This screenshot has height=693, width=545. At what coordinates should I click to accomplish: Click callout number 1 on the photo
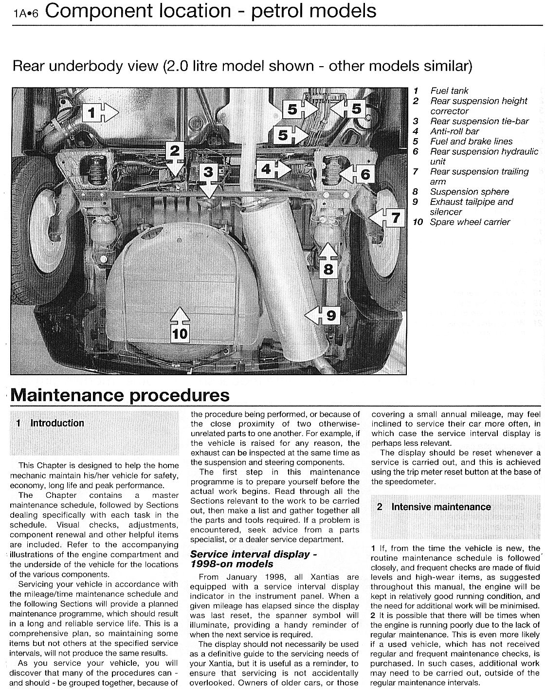pos(91,113)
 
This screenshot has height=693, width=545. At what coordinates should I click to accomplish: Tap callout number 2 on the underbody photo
pos(174,151)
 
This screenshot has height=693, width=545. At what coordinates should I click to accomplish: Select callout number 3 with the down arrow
pos(208,172)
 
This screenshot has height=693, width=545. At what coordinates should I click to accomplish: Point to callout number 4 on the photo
pos(266,169)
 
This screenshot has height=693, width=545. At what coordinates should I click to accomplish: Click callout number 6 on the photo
pos(365,174)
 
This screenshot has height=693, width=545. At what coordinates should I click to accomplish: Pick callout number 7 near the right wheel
pos(396,218)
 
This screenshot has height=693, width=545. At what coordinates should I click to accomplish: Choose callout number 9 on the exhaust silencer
pos(330,316)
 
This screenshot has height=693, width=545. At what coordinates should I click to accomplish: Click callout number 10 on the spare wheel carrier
pos(180,333)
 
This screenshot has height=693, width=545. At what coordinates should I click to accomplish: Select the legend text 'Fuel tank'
pos(449,91)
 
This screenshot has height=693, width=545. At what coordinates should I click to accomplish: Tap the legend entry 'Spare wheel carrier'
pos(470,222)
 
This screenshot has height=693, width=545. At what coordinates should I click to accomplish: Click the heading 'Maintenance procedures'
pos(120,395)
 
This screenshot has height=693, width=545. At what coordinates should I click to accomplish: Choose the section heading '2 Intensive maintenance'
pos(441,507)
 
